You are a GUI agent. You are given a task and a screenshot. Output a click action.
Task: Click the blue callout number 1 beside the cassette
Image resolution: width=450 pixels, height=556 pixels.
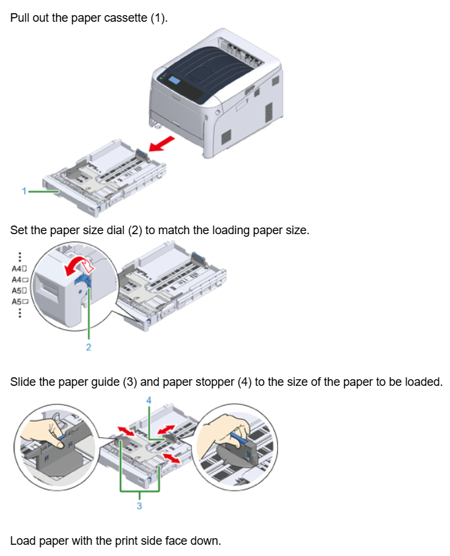tap(23, 191)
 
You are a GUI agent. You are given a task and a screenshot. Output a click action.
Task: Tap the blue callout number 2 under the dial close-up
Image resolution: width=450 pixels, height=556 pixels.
tap(89, 348)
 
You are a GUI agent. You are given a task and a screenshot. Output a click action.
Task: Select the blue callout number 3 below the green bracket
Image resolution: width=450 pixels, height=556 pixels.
tap(139, 506)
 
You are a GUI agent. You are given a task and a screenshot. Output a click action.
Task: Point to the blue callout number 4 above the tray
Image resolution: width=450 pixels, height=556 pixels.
tap(149, 400)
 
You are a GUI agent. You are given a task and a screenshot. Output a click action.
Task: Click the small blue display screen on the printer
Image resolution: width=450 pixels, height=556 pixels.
tap(174, 80)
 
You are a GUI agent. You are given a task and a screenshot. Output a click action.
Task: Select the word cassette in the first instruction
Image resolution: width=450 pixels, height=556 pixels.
tap(125, 18)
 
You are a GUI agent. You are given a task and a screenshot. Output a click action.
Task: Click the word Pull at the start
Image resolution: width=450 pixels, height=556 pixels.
tap(20, 18)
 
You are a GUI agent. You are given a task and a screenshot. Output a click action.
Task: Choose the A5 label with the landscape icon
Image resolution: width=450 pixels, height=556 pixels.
tap(19, 301)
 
